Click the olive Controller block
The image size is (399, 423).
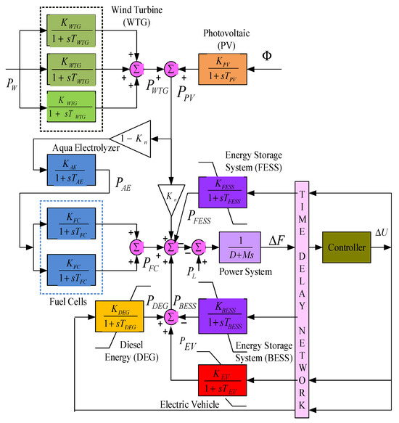tap(352, 247)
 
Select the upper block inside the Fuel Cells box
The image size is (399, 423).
tap(70, 221)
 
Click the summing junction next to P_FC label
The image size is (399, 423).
tap(135, 247)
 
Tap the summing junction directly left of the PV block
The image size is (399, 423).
tap(171, 68)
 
